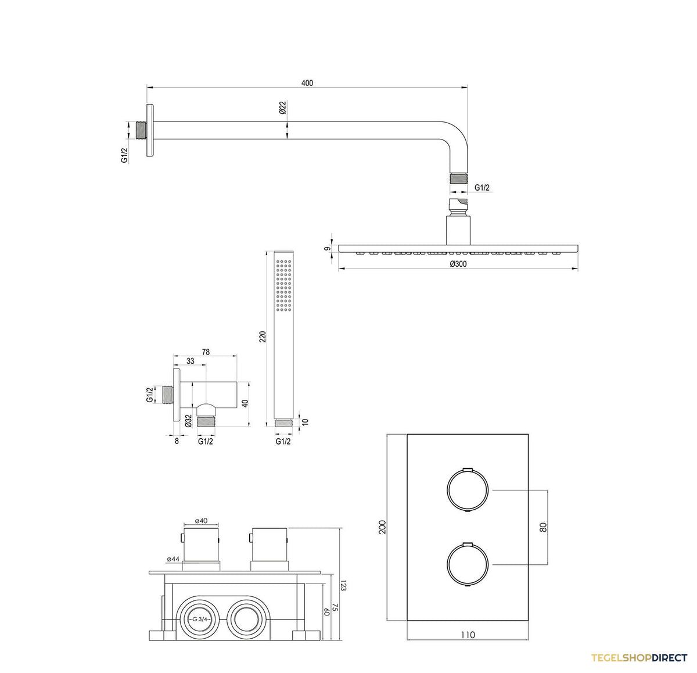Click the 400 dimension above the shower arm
(x=307, y=83)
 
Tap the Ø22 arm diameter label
(x=283, y=108)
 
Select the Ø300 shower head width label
(x=458, y=264)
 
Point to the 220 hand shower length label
(x=263, y=336)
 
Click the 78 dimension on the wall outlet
(x=206, y=352)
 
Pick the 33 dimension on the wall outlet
(x=190, y=361)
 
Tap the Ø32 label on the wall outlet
(x=189, y=421)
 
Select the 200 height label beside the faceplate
(x=383, y=527)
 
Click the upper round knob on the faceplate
(x=468, y=490)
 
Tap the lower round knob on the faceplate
(x=468, y=564)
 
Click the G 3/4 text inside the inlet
(x=200, y=619)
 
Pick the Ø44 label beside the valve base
(x=173, y=559)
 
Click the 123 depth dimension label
(x=343, y=586)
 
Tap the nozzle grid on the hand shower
(x=283, y=285)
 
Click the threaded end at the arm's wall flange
(x=141, y=130)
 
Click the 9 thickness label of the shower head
(x=326, y=248)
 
